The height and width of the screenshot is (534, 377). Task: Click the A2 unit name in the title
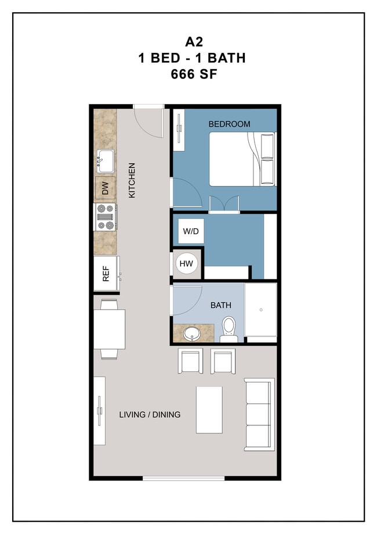coord(188,42)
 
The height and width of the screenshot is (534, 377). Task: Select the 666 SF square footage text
coord(188,74)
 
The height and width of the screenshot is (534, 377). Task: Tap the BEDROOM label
coord(229,124)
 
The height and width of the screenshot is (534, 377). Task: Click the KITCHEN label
coord(132,180)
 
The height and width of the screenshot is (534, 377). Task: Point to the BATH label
coord(220,304)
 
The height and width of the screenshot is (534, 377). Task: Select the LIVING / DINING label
coord(150,414)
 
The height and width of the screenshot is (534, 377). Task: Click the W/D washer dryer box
coord(191,232)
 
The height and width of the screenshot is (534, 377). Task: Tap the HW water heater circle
coord(186,264)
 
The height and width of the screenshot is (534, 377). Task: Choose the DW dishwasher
coord(105,188)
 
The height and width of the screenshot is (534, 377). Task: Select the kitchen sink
coord(105,159)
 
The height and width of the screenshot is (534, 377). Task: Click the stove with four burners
coord(106,217)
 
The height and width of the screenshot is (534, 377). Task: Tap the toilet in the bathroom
coord(229,328)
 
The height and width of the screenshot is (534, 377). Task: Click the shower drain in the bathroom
coord(261,310)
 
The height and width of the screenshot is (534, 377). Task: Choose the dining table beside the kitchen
coord(110,329)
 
